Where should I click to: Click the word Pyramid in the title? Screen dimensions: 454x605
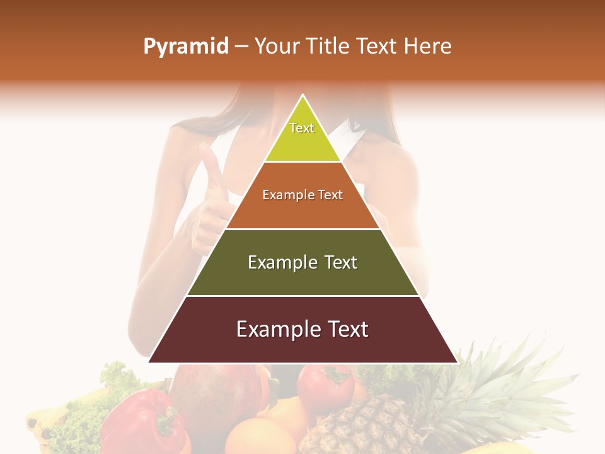(185, 47)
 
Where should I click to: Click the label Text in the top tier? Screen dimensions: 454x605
(302, 128)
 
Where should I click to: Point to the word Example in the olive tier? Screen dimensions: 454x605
(282, 262)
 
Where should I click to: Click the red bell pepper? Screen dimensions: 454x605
(142, 422)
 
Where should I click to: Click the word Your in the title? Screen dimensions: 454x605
(279, 46)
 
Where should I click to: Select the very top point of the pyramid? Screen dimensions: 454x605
(303, 96)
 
